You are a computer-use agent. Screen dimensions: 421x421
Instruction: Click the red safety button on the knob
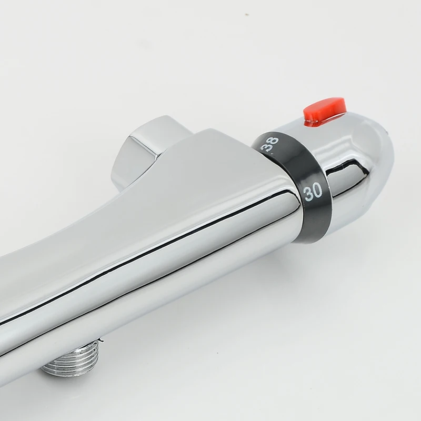coord(325,111)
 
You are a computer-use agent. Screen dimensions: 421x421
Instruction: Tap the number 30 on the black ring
coord(313,192)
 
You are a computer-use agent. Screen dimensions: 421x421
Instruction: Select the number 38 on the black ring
coord(272,145)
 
